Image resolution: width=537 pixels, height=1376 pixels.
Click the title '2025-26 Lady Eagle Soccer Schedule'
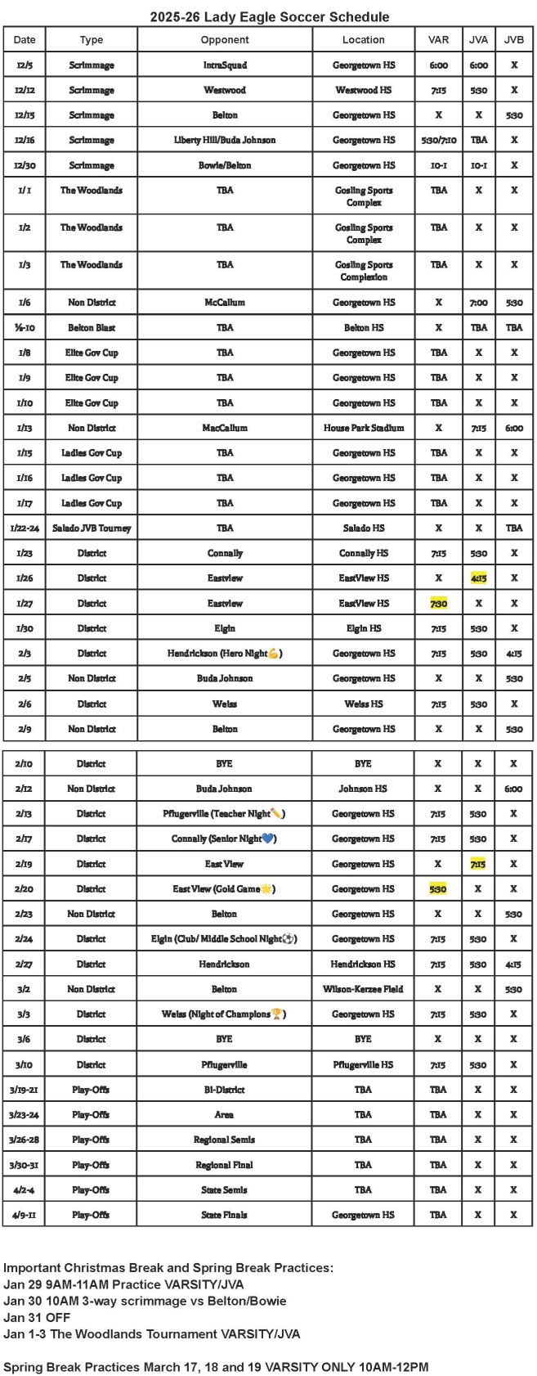coord(269,16)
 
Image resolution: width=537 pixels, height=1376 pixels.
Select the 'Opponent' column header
coord(225,39)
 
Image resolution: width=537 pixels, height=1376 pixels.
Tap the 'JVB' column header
coord(514,39)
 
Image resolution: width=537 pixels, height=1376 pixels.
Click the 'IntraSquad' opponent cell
coord(225,65)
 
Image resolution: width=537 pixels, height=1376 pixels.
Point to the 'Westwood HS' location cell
coord(364,90)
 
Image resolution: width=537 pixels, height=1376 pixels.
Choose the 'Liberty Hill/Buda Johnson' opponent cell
coord(225,140)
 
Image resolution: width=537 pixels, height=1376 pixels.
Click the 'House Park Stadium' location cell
coord(364,427)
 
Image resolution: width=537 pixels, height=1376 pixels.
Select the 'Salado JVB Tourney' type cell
coord(92,528)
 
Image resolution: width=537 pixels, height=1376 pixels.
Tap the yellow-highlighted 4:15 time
coord(479,578)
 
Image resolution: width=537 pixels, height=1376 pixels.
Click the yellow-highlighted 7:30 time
coord(439,603)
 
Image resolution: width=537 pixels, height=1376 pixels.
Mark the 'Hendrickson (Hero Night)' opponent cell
coord(225,653)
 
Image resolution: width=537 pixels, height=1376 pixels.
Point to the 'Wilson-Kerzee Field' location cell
coord(363,989)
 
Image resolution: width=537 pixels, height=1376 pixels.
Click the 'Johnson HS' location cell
coord(363,789)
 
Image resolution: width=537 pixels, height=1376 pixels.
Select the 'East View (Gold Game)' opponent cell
coord(224,888)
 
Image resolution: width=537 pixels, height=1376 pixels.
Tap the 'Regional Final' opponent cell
coord(224,1164)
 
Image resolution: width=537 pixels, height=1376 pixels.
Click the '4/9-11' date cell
coord(25,1215)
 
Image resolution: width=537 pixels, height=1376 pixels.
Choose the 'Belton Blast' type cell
coord(92,327)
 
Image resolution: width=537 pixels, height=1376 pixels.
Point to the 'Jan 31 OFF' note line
coord(37,1317)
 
